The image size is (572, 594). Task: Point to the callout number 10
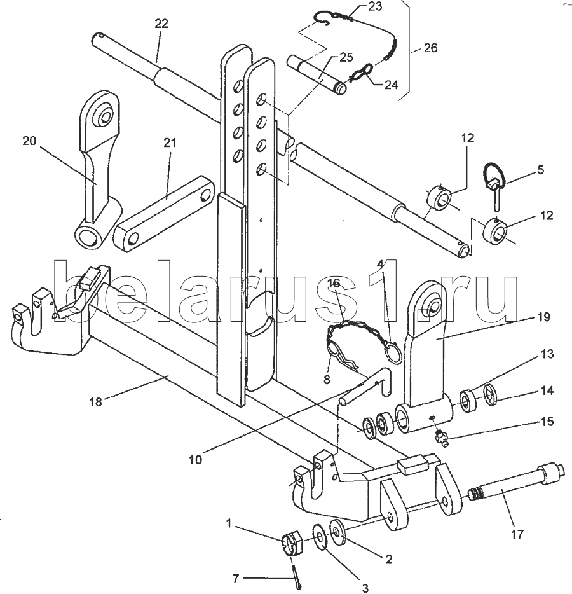(x=196, y=458)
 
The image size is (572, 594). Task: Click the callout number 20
(x=30, y=141)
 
